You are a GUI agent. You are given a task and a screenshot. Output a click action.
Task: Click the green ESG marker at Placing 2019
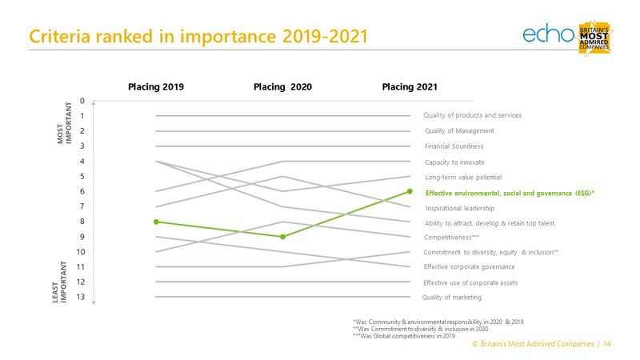point(156,222)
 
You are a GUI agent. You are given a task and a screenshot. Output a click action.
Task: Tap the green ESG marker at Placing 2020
point(283,237)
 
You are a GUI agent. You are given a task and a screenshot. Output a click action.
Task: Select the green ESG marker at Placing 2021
point(410,191)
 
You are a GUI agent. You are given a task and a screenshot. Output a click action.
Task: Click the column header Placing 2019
point(156,86)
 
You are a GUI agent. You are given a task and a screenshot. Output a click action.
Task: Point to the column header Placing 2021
point(410,86)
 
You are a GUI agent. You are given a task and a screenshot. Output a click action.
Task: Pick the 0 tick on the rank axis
point(82,101)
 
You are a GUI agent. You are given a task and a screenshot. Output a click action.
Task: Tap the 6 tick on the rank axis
point(82,191)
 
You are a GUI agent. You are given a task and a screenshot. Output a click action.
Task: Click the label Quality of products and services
point(472,115)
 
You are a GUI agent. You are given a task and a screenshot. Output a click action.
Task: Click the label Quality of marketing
point(452,298)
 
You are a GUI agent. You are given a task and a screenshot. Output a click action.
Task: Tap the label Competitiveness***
point(452,238)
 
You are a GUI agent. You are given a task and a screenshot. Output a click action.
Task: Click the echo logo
point(548,34)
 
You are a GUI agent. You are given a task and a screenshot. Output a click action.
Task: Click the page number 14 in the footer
point(607,343)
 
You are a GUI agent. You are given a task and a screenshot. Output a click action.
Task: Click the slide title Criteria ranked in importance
point(198,37)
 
